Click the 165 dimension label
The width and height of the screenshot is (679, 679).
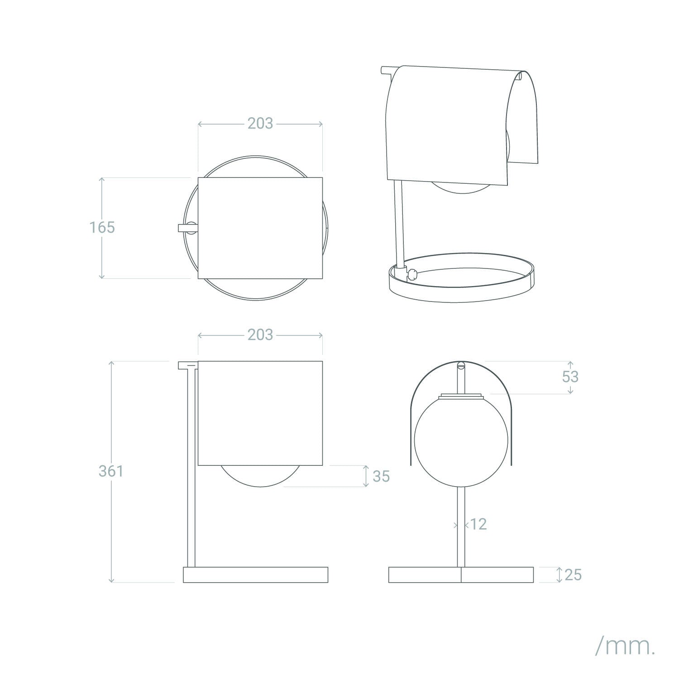point(102,227)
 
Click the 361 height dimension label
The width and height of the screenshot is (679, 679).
point(111,471)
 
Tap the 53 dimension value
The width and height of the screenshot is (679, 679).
point(570,377)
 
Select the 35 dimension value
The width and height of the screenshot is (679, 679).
point(381,476)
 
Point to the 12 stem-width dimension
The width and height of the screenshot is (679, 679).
point(478,524)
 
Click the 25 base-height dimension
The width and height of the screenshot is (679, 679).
point(573,575)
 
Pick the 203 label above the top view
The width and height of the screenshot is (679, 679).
point(260,123)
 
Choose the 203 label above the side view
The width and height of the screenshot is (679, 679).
point(260,335)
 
